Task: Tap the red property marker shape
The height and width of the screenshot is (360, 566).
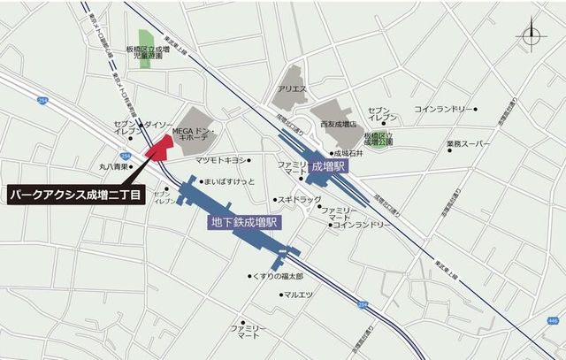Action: click(159, 146)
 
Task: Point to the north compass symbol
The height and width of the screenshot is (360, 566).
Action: click(531, 35)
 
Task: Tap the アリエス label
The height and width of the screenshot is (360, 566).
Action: click(292, 89)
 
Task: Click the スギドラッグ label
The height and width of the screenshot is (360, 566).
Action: click(300, 199)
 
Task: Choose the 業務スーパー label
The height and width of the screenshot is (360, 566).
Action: click(468, 143)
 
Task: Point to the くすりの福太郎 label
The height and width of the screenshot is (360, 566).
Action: click(279, 276)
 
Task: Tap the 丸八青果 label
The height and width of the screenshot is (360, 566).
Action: click(114, 165)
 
